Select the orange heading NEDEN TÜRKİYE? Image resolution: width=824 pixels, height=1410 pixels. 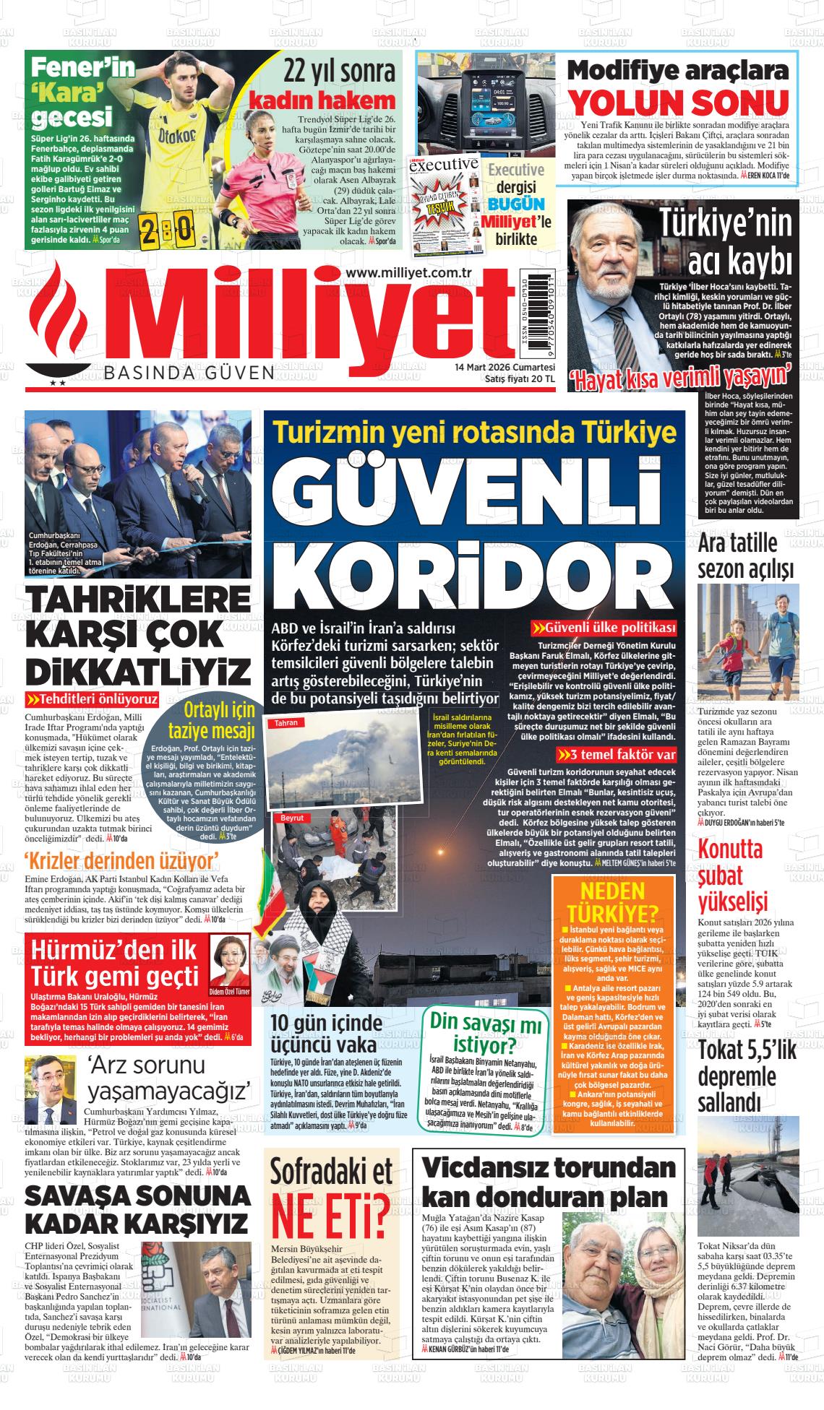(x=613, y=899)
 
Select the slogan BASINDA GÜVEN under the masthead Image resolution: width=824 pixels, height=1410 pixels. (x=189, y=373)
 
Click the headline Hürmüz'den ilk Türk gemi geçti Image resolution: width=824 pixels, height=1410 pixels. (x=116, y=964)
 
